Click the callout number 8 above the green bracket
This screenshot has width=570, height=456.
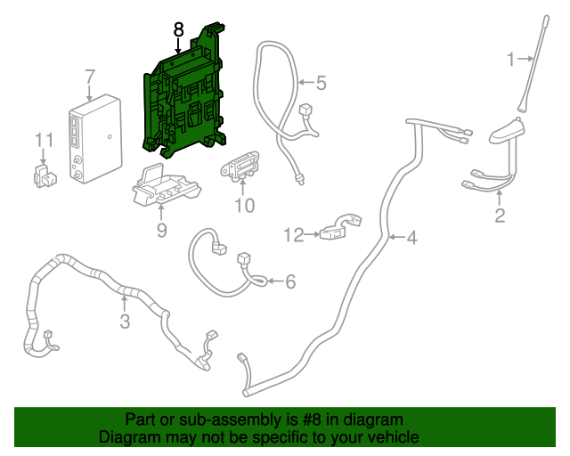tap(178, 29)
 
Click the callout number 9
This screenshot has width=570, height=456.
tap(161, 232)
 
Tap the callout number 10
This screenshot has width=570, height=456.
tap(244, 207)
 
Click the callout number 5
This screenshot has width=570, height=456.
tap(321, 84)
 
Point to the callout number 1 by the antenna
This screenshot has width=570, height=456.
tap(511, 60)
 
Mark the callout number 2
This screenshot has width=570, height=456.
tap(500, 215)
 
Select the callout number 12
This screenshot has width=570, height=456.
tap(294, 235)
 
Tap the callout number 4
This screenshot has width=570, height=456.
tap(411, 238)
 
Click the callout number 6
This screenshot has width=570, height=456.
tap(289, 282)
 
